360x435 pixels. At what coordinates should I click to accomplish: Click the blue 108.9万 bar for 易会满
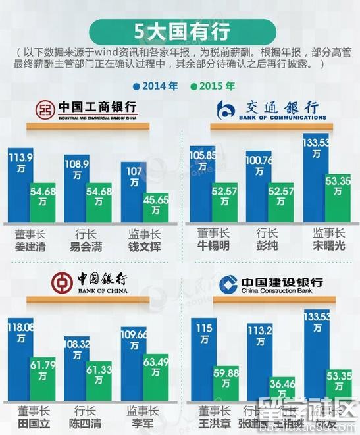click(76, 188)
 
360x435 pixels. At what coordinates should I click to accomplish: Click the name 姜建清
click(30, 247)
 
